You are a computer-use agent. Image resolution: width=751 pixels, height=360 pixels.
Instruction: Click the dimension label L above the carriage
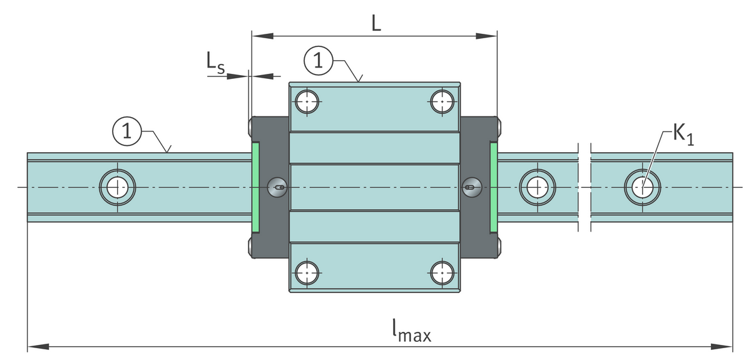tap(375, 23)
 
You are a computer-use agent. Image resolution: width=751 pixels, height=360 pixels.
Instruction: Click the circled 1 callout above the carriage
tap(319, 61)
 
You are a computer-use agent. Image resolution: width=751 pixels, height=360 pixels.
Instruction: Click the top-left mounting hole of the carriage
tap(307, 100)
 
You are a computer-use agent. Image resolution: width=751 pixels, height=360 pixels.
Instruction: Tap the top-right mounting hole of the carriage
tap(443, 100)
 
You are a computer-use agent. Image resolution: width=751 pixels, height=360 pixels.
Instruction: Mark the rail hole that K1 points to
tap(641, 186)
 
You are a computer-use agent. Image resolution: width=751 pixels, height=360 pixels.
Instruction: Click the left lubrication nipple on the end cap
tap(277, 186)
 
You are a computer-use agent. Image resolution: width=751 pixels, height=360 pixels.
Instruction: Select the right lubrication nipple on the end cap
tap(471, 185)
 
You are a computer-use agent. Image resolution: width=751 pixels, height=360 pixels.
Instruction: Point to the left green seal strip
tap(255, 186)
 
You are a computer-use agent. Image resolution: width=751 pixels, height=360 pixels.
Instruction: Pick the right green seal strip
tap(493, 186)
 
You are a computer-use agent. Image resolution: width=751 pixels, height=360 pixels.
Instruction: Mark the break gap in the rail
tap(584, 186)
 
